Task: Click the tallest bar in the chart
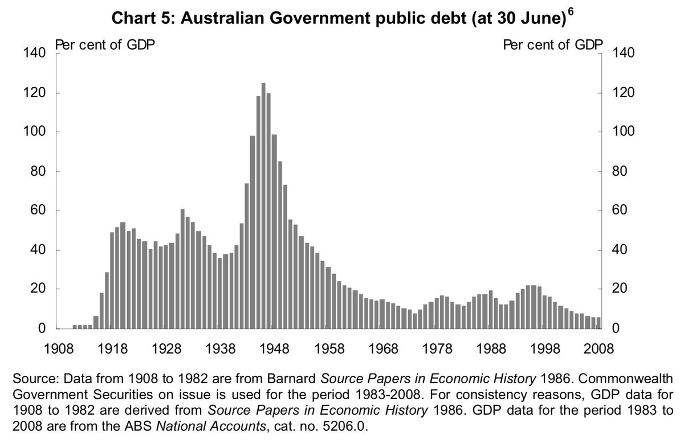pyautogui.click(x=263, y=206)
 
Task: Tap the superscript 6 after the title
pyautogui.click(x=571, y=11)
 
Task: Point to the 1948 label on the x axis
pyautogui.click(x=275, y=348)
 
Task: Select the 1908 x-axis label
pyautogui.click(x=59, y=348)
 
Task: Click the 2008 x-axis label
pyautogui.click(x=598, y=348)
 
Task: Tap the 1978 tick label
pyautogui.click(x=437, y=348)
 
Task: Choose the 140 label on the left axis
pyautogui.click(x=34, y=53)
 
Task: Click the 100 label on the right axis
pyautogui.click(x=624, y=131)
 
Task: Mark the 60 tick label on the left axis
pyautogui.click(x=38, y=210)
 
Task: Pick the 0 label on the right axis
pyautogui.click(x=616, y=329)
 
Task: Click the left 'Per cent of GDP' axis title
pyautogui.click(x=105, y=45)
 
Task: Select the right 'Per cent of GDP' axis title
pyautogui.click(x=553, y=45)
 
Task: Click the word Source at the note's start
pyautogui.click(x=35, y=379)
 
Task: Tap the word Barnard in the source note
pyautogui.click(x=292, y=379)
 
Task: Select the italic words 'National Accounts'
pyautogui.click(x=211, y=426)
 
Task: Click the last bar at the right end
pyautogui.click(x=598, y=323)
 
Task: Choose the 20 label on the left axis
pyautogui.click(x=38, y=289)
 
